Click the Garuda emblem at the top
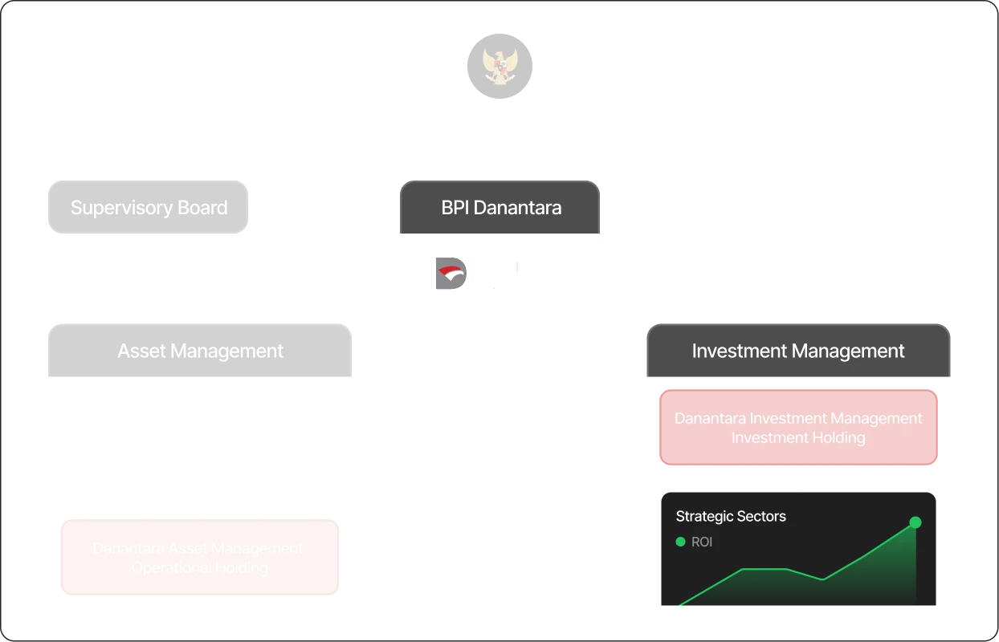(499, 65)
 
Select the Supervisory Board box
(149, 208)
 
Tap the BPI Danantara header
(500, 208)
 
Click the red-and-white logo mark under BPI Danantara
(448, 274)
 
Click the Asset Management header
(200, 351)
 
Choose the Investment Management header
(797, 351)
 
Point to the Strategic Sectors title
(731, 516)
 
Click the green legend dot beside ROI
(681, 542)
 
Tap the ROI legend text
(702, 542)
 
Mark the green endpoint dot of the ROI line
(915, 522)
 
